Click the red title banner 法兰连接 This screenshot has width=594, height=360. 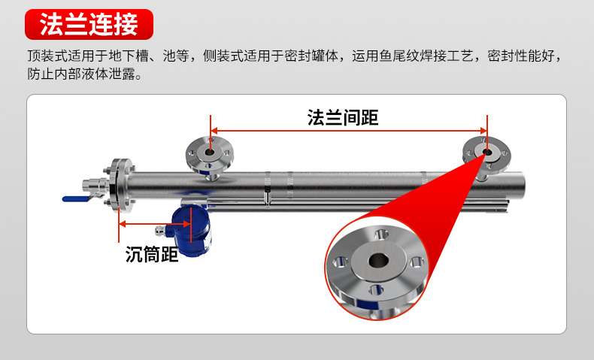(x=89, y=24)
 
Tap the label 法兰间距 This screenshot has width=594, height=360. (x=342, y=117)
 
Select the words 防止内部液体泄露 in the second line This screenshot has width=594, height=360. (x=83, y=74)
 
